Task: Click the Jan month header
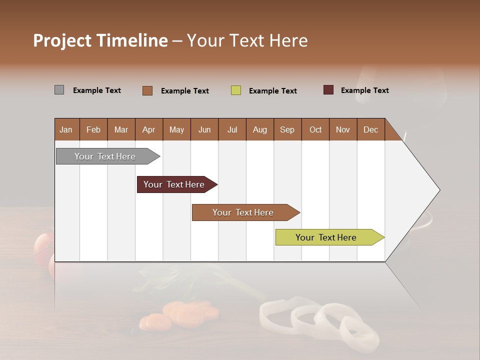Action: [x=66, y=129]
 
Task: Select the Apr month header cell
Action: [x=149, y=129]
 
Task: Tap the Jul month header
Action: [x=232, y=129]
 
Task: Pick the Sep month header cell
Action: [x=287, y=129]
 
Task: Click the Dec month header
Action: [x=370, y=129]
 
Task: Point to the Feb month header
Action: [x=93, y=129]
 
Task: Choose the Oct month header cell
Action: [x=315, y=129]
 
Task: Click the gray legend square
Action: [x=59, y=90]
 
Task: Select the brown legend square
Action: [x=147, y=90]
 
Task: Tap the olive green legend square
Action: [x=236, y=90]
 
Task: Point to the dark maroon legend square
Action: [x=328, y=90]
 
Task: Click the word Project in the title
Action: [x=62, y=40]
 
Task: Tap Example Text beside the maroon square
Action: [x=364, y=90]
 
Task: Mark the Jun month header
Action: [x=204, y=129]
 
